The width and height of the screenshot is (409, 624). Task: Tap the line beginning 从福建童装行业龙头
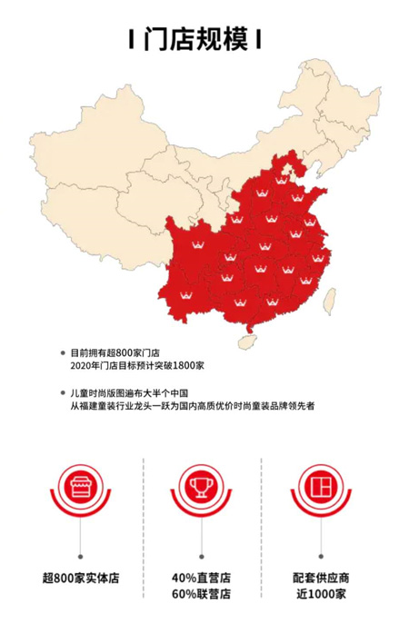[192, 406]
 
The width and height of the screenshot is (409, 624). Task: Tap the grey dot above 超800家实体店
[80, 552]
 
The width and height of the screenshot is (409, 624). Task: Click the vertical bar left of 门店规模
[133, 40]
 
